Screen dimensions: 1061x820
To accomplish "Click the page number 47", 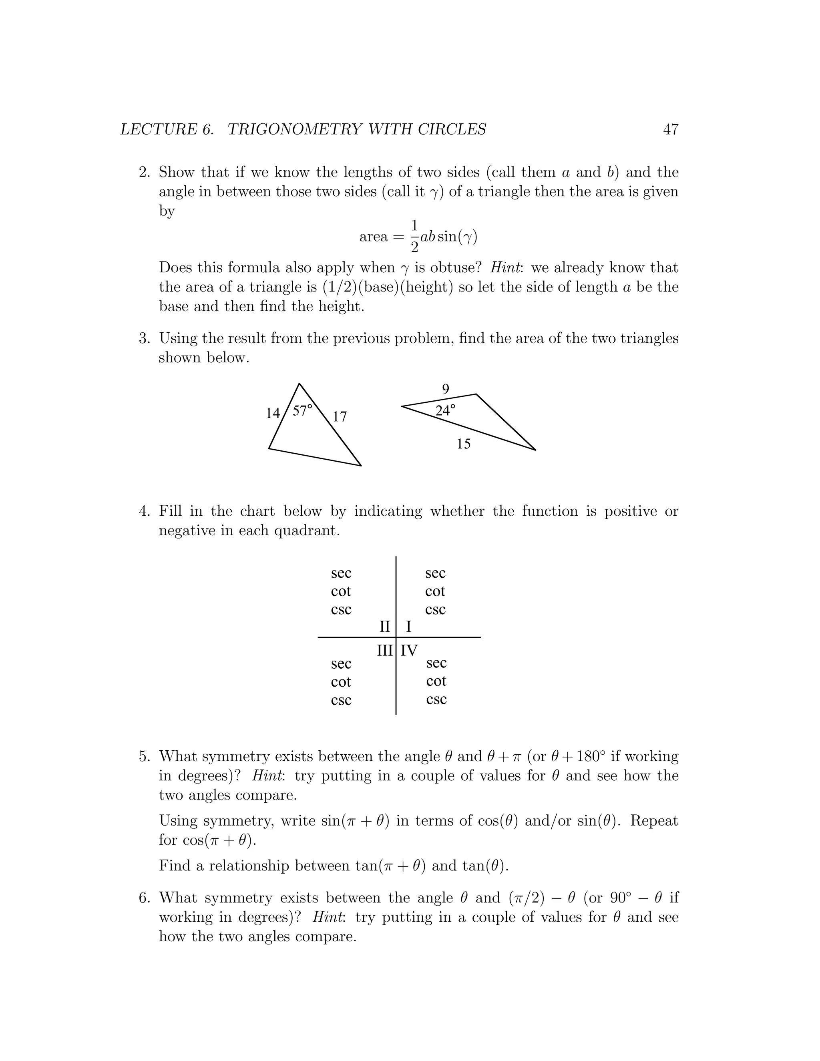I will pyautogui.click(x=670, y=129).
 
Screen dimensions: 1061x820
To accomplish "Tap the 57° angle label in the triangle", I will pyautogui.click(x=302, y=410).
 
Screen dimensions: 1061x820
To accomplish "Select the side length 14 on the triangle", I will pyautogui.click(x=273, y=414).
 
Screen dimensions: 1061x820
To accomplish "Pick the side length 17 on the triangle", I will pyautogui.click(x=340, y=417).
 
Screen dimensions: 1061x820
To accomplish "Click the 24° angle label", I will pyautogui.click(x=445, y=410).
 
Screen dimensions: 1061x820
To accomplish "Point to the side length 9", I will pyautogui.click(x=446, y=389).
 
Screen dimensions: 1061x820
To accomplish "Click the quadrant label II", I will pyautogui.click(x=385, y=627).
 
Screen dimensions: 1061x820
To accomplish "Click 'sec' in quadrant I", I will pyautogui.click(x=435, y=573).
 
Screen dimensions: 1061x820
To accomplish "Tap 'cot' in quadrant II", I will pyautogui.click(x=341, y=591).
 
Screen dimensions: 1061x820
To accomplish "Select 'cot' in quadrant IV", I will pyautogui.click(x=436, y=681).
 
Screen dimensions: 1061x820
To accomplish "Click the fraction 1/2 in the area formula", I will pyautogui.click(x=414, y=237).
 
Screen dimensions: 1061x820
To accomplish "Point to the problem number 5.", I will pyautogui.click(x=144, y=756).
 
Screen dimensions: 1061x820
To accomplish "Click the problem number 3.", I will pyautogui.click(x=144, y=338).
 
